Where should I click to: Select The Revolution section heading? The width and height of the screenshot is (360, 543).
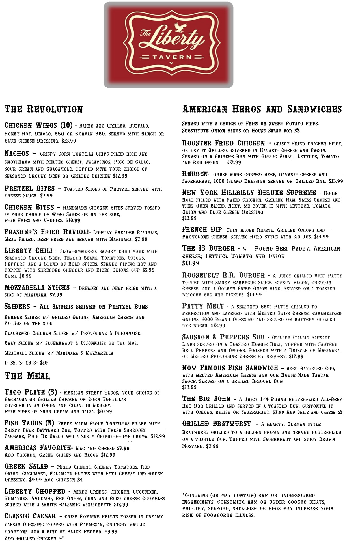[44, 109]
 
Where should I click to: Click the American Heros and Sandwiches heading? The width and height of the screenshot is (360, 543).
[262, 109]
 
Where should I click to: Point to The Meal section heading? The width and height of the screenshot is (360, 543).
[27, 376]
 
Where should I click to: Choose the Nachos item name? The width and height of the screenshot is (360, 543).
[17, 154]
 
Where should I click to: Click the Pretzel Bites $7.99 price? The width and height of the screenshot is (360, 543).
[46, 196]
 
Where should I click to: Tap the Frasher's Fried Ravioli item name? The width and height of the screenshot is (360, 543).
[46, 232]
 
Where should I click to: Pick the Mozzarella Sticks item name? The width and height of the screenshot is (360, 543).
[37, 288]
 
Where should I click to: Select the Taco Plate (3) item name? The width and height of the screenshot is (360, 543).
[31, 392]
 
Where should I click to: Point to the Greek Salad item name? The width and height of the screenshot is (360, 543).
[26, 466]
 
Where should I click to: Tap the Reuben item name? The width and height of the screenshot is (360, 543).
[195, 174]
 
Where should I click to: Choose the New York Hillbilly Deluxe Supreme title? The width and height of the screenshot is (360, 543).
[249, 193]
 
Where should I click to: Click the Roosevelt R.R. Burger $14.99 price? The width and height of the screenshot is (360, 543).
[254, 295]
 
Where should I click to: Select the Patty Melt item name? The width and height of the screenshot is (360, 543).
[203, 306]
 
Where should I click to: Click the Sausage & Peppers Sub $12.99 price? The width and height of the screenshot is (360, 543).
[296, 357]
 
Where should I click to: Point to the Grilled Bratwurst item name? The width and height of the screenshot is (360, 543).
[216, 424]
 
